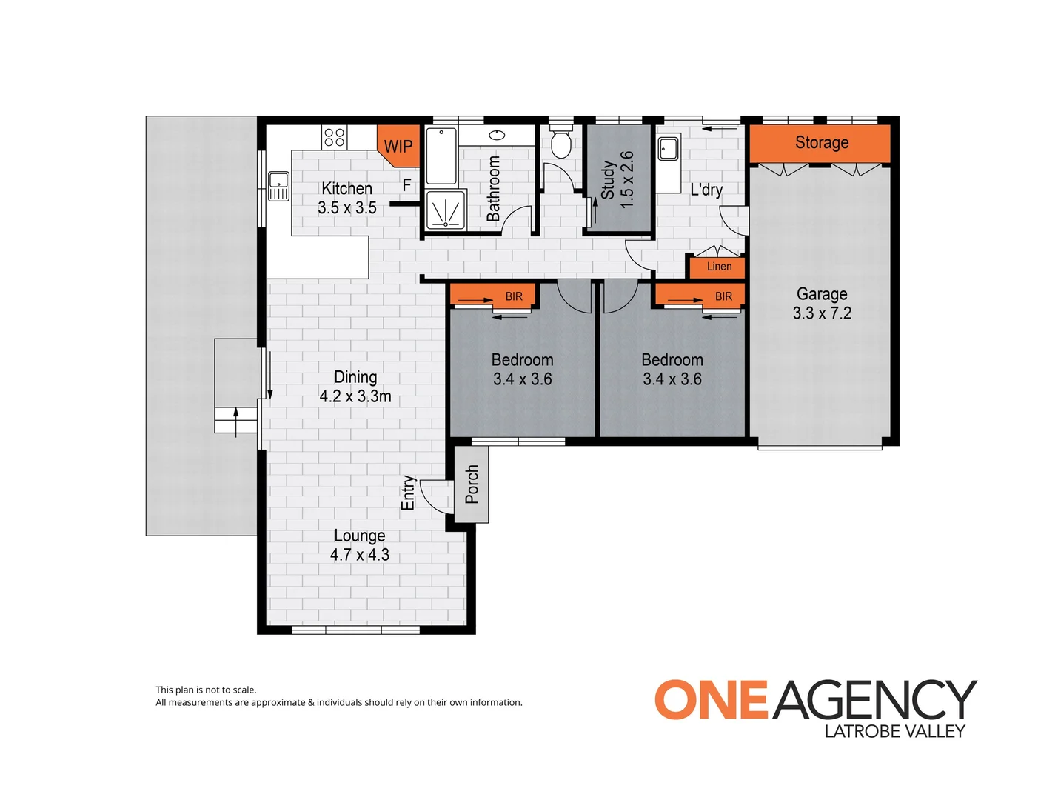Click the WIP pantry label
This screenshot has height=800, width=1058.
pyautogui.click(x=398, y=146)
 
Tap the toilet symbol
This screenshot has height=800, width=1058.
pyautogui.click(x=560, y=139)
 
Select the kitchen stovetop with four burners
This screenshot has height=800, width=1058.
pyautogui.click(x=334, y=136)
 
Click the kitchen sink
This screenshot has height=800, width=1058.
pyautogui.click(x=278, y=186)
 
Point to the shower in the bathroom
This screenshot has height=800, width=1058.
pyautogui.click(x=446, y=210)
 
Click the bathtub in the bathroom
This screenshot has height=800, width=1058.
pyautogui.click(x=441, y=156)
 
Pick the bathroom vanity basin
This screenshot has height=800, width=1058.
pyautogui.click(x=497, y=135)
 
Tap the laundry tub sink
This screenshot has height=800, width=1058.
pyautogui.click(x=668, y=148)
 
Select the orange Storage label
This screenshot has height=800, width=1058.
pyautogui.click(x=821, y=142)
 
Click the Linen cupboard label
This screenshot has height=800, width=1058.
pyautogui.click(x=719, y=266)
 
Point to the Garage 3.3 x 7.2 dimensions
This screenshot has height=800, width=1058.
pyautogui.click(x=822, y=313)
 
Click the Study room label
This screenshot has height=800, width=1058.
pyautogui.click(x=608, y=180)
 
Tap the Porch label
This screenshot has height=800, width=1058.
pyautogui.click(x=472, y=484)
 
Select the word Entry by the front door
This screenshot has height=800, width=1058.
pyautogui.click(x=408, y=493)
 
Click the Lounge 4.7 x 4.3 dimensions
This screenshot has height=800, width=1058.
pyautogui.click(x=360, y=555)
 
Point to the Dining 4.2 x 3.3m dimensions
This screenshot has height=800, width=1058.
pyautogui.click(x=355, y=396)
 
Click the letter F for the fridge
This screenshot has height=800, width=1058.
pyautogui.click(x=406, y=184)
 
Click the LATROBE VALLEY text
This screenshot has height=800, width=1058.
pyautogui.click(x=895, y=731)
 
